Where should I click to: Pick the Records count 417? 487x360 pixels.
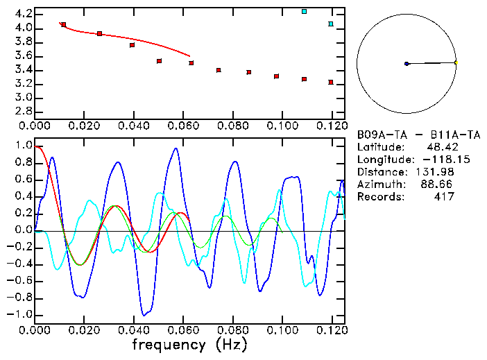pyautogui.click(x=443, y=197)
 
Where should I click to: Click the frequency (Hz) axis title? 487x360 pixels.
pyautogui.click(x=189, y=345)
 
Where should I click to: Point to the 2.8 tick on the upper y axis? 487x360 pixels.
pyautogui.click(x=23, y=112)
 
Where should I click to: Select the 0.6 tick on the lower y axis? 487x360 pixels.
pyautogui.click(x=23, y=180)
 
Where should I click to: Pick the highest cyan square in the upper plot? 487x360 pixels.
pyautogui.click(x=304, y=11)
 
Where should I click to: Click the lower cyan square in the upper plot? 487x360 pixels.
pyautogui.click(x=331, y=24)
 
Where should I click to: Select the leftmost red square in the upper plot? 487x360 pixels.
pyautogui.click(x=63, y=25)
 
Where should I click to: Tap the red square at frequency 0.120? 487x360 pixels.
pyautogui.click(x=331, y=83)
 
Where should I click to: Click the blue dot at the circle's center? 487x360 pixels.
pyautogui.click(x=407, y=64)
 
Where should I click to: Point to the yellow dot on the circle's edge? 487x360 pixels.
pyautogui.click(x=456, y=62)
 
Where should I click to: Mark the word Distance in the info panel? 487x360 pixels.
pyautogui.click(x=379, y=172)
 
